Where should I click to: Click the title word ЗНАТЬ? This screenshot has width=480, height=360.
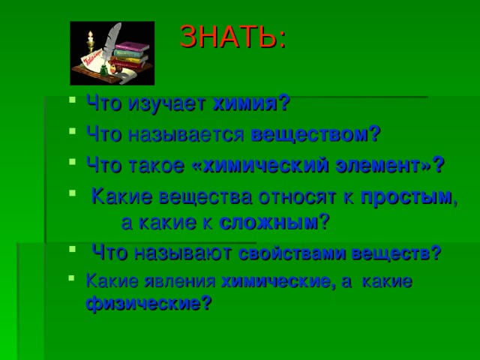(x=233, y=36)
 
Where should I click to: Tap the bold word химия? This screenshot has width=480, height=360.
(x=252, y=103)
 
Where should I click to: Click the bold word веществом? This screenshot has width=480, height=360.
(x=316, y=134)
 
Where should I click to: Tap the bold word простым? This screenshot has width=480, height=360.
(x=406, y=198)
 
